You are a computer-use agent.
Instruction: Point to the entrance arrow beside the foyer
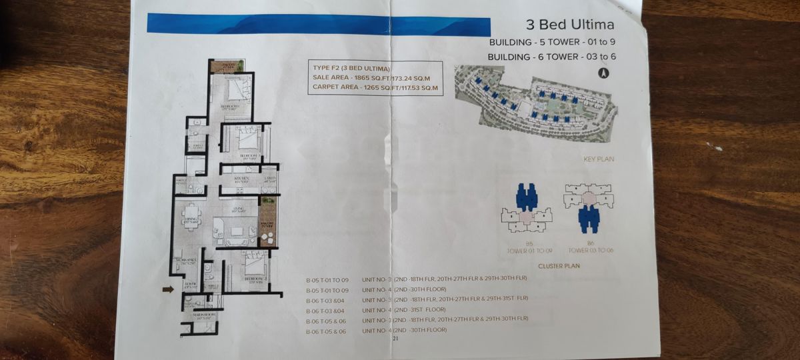click(167, 289)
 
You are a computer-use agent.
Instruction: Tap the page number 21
click(395, 339)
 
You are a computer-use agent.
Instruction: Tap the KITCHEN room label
click(241, 179)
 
